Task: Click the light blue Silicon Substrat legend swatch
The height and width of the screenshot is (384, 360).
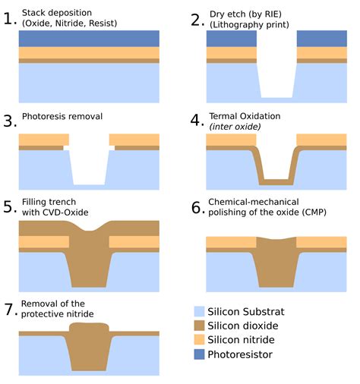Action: point(199,311)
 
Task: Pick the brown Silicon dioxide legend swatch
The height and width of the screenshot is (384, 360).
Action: point(199,326)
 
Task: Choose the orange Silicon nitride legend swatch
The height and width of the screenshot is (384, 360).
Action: point(199,340)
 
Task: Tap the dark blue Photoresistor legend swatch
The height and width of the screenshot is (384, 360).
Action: point(199,354)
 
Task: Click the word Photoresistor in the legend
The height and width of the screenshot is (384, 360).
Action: point(240,354)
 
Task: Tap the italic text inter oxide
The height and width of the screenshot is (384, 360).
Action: point(235,127)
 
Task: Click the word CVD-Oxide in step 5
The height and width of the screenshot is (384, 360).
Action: point(65,212)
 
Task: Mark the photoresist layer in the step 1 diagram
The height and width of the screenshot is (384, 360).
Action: point(89,39)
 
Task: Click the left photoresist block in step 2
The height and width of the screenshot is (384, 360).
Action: point(232,39)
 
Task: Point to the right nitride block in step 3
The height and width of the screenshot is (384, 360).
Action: point(134,140)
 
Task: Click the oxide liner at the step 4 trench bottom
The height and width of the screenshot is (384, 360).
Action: point(276,182)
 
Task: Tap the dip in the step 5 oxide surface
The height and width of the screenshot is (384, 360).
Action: point(89,229)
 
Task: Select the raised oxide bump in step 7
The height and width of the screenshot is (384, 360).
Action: point(89,327)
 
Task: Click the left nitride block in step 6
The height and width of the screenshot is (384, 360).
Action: point(232,242)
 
